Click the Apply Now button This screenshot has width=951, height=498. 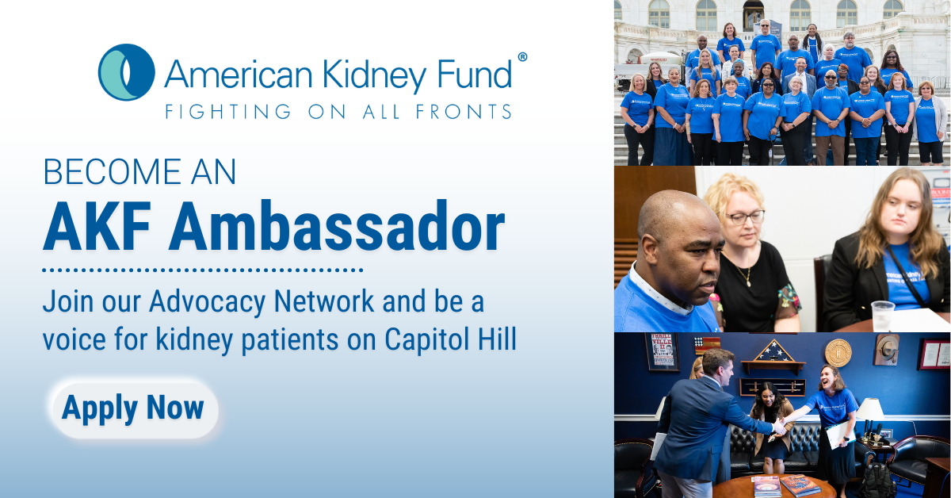coord(135,408)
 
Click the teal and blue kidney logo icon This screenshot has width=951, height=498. coord(127,72)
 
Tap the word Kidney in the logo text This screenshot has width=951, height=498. coord(374,75)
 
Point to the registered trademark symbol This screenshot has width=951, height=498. coord(522,57)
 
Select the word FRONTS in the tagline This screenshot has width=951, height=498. coord(464,112)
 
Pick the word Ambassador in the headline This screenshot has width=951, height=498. coord(336,226)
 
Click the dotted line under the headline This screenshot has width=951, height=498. coord(203,270)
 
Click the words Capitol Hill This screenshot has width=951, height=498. coord(450,340)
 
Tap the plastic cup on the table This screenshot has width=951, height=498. coord(883,316)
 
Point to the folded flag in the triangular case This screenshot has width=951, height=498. coord(773,351)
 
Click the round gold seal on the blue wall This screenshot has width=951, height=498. coord(838,353)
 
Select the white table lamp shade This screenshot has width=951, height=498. coord(870,409)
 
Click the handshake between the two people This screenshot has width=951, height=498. coord(779,426)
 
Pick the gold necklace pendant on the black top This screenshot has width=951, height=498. coord(748,282)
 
